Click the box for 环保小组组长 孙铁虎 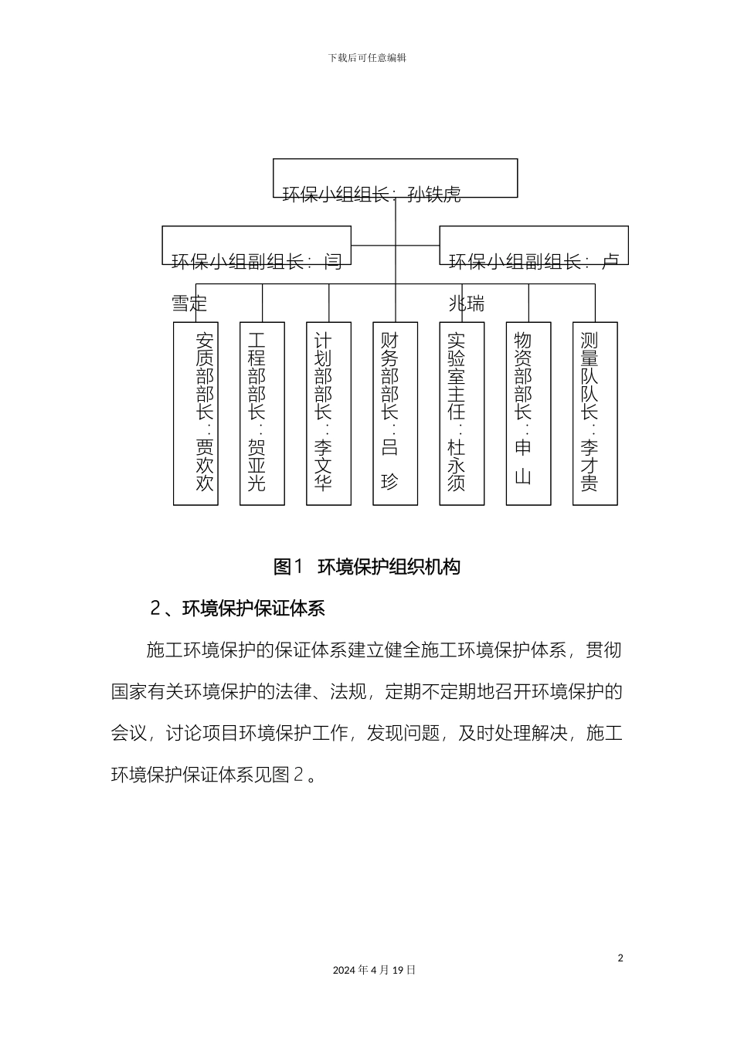coord(395,178)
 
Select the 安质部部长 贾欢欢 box coord(196,413)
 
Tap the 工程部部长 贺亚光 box coord(263,413)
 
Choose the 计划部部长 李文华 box coord(329,413)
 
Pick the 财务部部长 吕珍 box coord(396,413)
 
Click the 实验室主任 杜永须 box coord(462,413)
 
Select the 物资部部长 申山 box coord(528,413)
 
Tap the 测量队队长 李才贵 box coord(595,413)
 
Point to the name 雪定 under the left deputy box coord(189,304)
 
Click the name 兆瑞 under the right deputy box coord(467,304)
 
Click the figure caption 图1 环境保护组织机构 coord(367,567)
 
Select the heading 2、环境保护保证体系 coord(237,609)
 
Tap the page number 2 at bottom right coord(620,958)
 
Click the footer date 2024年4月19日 coord(374,970)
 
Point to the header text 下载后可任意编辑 coord(367,58)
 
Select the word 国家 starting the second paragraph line coord(129,691)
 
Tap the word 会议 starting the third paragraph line coord(129,732)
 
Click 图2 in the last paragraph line coord(288,774)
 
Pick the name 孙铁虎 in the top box coord(434,195)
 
